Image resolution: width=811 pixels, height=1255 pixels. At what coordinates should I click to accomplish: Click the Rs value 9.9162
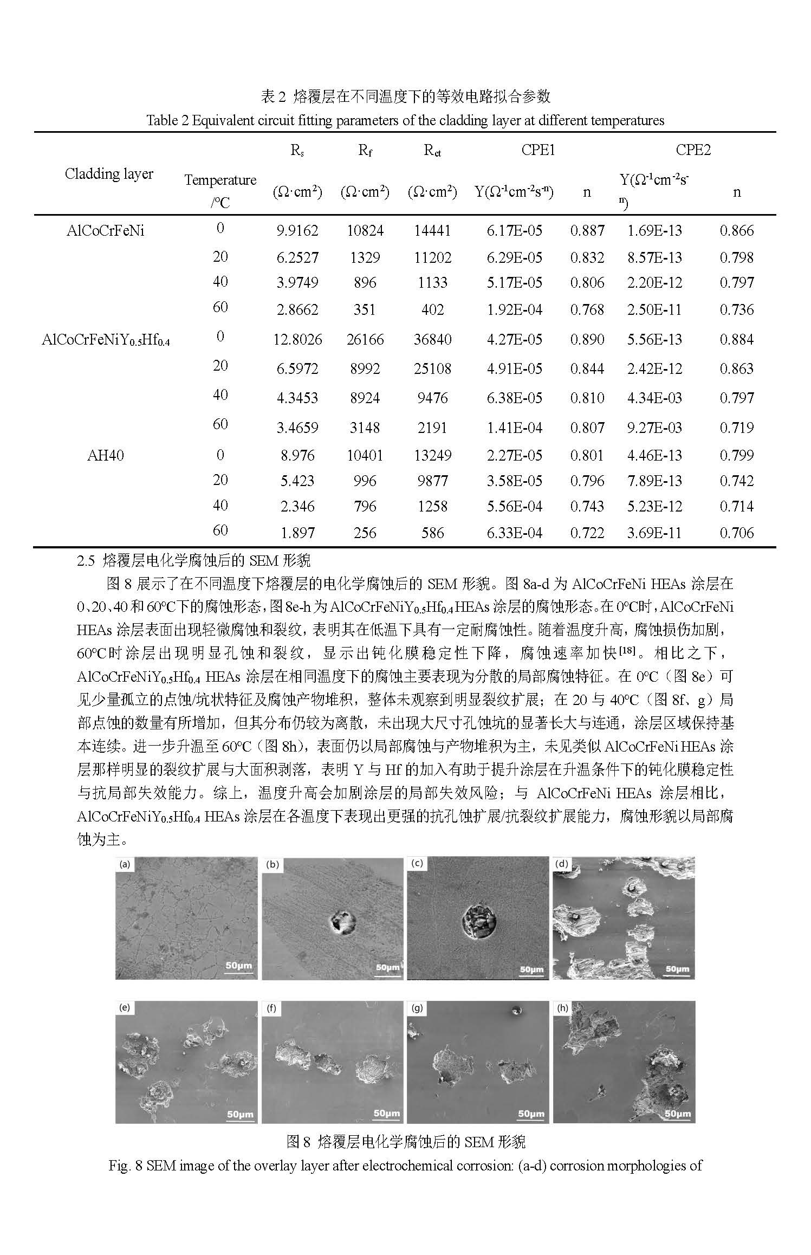[297, 231]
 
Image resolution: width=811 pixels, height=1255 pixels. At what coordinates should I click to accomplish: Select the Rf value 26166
[365, 340]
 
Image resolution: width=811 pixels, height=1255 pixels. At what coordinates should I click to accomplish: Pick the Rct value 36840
[432, 340]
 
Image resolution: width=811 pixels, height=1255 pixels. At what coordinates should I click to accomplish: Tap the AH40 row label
[105, 455]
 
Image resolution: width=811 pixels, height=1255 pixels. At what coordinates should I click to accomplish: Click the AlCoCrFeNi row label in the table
[105, 231]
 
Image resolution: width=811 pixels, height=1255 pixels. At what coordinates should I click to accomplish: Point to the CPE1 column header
[538, 150]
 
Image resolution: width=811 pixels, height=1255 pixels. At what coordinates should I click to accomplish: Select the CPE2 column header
[693, 150]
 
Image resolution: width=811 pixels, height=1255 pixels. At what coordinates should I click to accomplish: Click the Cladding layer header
[109, 174]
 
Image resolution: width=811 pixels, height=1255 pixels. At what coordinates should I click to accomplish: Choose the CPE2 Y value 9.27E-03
[654, 428]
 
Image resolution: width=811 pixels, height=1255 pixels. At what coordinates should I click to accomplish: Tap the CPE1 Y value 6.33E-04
[514, 533]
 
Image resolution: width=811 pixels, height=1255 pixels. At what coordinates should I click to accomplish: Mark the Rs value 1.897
[297, 533]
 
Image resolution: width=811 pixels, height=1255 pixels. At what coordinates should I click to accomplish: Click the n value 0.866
[736, 231]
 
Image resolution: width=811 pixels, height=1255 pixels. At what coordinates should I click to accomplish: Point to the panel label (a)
[125, 865]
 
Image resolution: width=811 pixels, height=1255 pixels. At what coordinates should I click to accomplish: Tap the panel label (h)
[562, 1008]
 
